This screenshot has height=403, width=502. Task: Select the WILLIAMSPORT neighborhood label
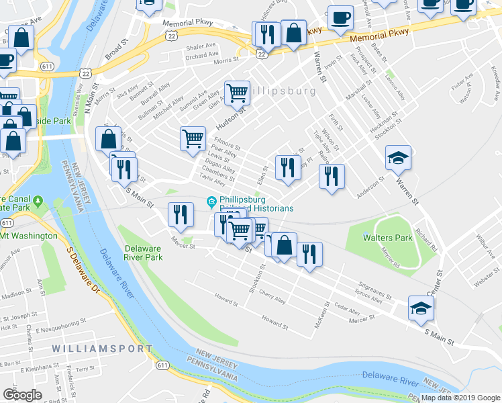[103, 349]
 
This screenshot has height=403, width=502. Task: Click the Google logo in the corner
[22, 395]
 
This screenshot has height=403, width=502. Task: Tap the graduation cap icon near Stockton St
[398, 159]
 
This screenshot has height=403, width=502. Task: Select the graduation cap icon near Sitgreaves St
[421, 308]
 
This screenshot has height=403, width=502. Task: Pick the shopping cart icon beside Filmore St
[193, 138]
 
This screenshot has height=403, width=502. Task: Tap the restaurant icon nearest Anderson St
[331, 177]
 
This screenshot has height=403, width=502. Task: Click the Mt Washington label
[29, 236]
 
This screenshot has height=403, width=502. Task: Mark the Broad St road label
[115, 48]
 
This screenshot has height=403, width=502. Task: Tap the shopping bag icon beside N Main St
[108, 140]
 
